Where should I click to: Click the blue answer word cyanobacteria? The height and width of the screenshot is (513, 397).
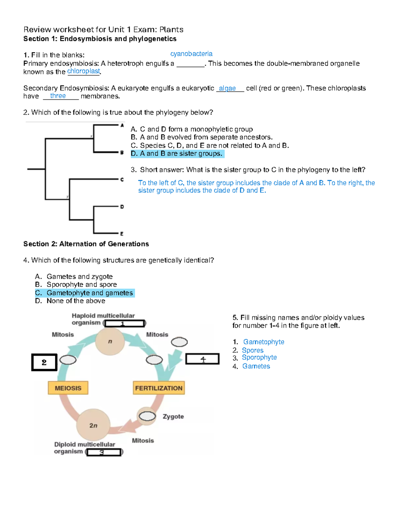191,54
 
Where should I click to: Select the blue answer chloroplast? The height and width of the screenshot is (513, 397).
83,71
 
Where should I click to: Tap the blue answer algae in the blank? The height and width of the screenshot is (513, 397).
227,88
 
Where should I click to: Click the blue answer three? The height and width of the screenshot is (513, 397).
58,96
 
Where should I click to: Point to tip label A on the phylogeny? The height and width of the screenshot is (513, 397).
122,126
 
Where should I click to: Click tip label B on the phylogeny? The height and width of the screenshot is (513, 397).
122,153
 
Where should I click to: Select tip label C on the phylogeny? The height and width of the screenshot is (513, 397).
122,180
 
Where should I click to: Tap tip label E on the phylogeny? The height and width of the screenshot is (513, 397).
122,234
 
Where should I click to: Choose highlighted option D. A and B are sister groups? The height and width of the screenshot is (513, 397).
177,154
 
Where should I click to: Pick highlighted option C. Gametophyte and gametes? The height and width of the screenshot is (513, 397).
85,293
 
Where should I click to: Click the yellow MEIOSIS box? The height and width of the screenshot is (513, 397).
68,388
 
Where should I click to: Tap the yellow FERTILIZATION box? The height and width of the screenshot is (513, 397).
158,388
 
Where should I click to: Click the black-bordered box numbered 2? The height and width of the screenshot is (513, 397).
44,362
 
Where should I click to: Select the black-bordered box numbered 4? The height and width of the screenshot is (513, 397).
202,359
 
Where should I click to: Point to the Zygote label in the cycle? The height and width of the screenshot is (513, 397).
173,417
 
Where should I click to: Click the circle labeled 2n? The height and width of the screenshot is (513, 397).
93,425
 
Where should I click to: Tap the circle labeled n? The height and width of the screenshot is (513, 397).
110,342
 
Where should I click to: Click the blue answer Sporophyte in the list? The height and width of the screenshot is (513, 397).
259,357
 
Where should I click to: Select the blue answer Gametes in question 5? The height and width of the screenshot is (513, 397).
256,366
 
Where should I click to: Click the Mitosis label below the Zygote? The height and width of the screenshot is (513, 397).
143,441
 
